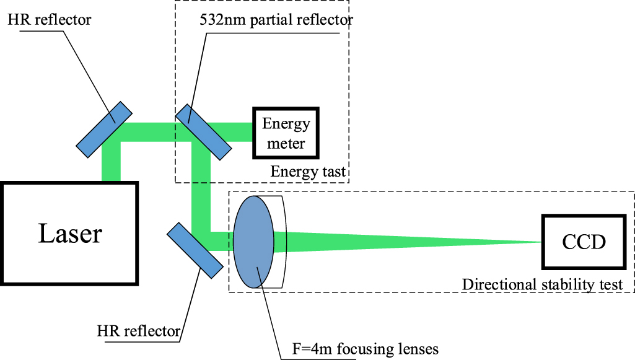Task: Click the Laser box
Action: point(70,233)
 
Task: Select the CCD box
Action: point(583,242)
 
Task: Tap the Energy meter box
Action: point(286,134)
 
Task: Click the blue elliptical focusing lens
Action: point(253,242)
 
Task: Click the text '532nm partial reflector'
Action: point(276,19)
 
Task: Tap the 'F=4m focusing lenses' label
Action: point(365,349)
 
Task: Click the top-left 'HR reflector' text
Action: point(49,19)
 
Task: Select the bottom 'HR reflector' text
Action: point(139,330)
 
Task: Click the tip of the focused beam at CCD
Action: point(538,242)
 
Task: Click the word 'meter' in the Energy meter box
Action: point(286,144)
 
